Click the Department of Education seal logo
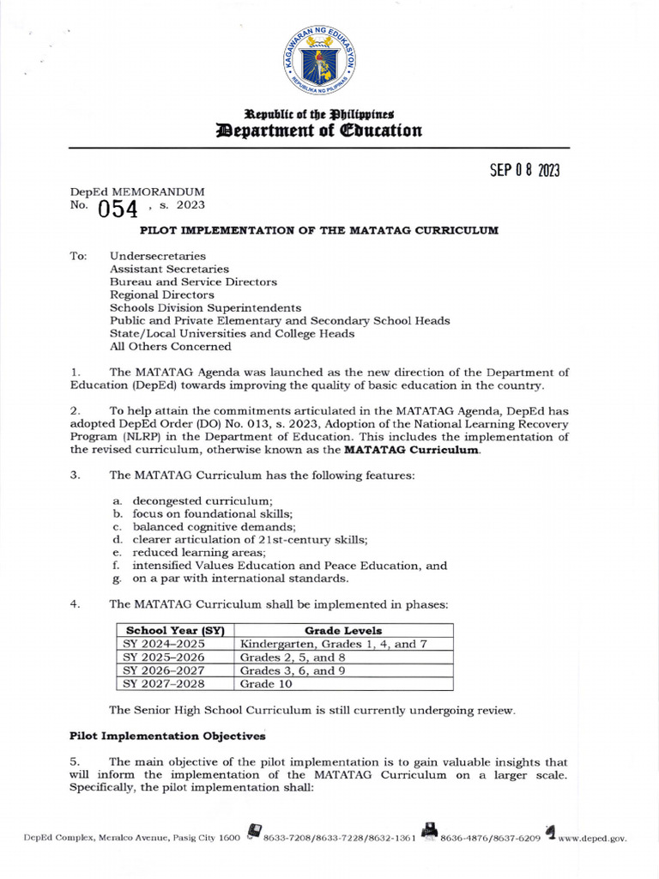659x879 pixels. click(x=329, y=56)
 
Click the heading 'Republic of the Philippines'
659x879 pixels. click(x=319, y=114)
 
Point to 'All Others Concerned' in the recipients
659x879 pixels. click(x=170, y=347)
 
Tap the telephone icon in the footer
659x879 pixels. click(x=253, y=831)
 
